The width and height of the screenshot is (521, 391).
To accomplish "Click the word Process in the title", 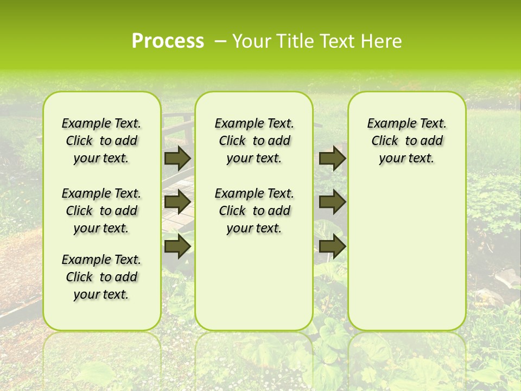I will [x=168, y=41].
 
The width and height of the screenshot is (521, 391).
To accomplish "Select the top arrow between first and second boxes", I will [x=177, y=158].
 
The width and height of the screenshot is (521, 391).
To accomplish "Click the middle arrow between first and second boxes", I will [x=177, y=202].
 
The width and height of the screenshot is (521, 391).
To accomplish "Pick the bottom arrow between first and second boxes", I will [x=177, y=246].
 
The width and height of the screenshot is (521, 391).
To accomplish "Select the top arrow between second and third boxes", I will [x=332, y=158].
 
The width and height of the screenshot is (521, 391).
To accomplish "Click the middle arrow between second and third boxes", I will [x=332, y=202].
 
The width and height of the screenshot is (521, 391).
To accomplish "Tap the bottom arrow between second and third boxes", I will [x=332, y=246].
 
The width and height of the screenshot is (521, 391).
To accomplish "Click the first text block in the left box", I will [x=101, y=141].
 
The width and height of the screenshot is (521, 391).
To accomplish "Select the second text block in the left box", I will [x=101, y=211].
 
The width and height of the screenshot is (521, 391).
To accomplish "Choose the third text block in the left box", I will [x=101, y=277].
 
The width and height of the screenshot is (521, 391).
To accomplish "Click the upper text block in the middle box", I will [x=254, y=141].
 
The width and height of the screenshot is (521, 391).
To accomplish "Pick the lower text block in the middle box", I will [x=254, y=211].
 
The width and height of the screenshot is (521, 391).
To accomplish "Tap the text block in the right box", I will [x=406, y=141].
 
